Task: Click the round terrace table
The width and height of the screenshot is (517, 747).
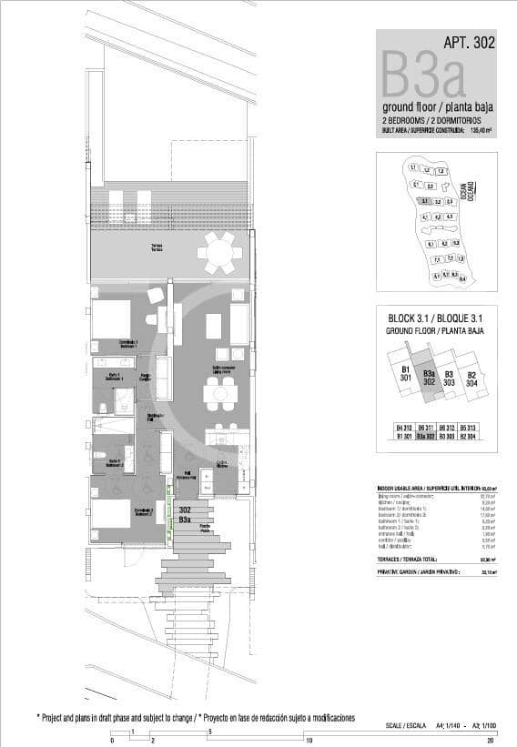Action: click(219, 252)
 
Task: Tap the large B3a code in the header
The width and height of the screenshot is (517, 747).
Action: click(424, 76)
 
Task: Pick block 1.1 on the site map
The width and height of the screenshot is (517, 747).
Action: click(413, 168)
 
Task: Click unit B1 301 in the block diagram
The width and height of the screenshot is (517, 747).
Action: click(407, 373)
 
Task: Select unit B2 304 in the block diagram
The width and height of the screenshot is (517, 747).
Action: click(471, 379)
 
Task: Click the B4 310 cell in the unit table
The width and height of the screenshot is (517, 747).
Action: click(404, 428)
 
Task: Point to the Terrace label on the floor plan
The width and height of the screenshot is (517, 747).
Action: click(157, 247)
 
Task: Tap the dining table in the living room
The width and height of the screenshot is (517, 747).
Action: click(219, 393)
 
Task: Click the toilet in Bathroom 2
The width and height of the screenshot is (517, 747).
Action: click(101, 453)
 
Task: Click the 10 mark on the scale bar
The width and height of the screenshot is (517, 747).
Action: click(309, 741)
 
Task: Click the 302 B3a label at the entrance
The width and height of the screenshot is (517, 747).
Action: click(185, 515)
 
